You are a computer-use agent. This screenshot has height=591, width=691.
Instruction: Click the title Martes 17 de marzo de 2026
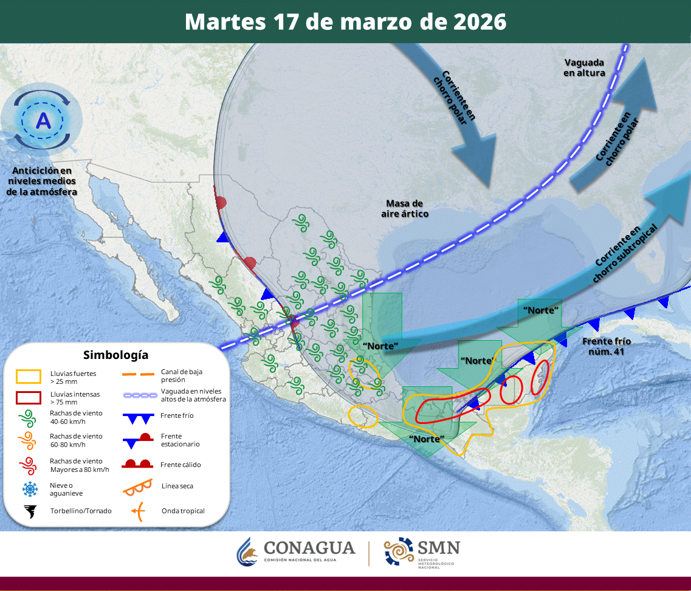coord(345,21)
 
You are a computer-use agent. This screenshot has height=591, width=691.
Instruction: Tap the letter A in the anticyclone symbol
coord(43,120)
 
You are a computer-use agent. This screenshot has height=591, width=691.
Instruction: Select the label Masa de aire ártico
coord(405,208)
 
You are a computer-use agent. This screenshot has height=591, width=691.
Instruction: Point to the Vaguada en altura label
coord(584,67)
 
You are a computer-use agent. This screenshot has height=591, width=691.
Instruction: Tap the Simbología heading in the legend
coord(115,355)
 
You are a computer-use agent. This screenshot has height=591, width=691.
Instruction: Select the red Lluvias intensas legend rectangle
coord(28,398)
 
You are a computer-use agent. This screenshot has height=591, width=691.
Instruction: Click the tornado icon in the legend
coord(29,511)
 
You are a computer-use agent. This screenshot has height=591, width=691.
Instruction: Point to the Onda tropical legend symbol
coord(139,511)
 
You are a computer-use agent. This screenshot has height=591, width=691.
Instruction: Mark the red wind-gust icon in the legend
coord(28,465)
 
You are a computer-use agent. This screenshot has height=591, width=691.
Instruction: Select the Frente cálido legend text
coord(181,465)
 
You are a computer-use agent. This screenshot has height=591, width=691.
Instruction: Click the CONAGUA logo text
coord(309,548)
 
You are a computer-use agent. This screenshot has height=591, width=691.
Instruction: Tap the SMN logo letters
coord(438,548)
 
